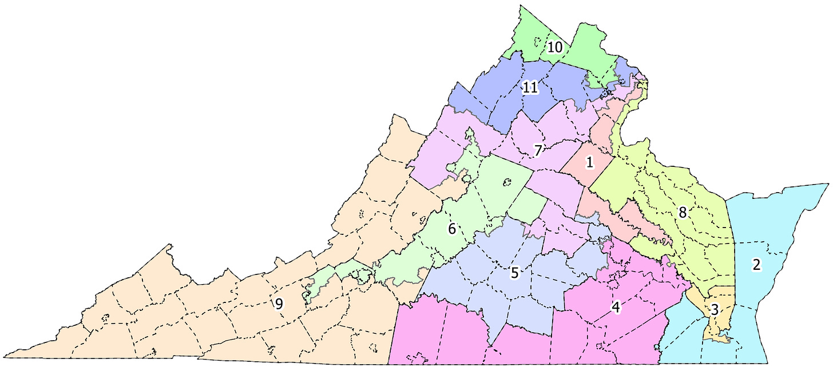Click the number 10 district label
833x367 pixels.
coord(554,47)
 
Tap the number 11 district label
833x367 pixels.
coord(530,88)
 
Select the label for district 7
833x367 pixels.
coord(538,151)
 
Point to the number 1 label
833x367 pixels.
coord(589,162)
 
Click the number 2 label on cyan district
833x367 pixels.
coord(756,265)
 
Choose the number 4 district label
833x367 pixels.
coord(616,308)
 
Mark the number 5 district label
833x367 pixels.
coord(514,273)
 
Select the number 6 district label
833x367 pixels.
coord(451,230)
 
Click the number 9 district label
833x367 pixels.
coord(279,304)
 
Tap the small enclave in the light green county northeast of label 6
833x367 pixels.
coord(506,183)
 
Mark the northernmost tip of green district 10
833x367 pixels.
coord(521,7)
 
